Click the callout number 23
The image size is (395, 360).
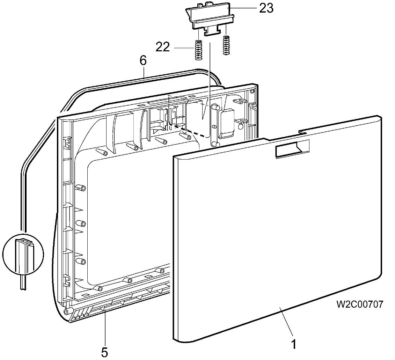click(266, 9)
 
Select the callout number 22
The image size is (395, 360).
click(163, 47)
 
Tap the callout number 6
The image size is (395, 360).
click(143, 61)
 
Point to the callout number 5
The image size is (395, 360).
click(104, 352)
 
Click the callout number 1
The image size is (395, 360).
click(294, 344)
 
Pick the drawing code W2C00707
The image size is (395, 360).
click(360, 304)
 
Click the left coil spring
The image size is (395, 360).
click(199, 50)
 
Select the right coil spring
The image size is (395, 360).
click(226, 45)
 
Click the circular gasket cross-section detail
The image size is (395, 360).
click(23, 255)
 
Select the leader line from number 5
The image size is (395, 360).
click(105, 328)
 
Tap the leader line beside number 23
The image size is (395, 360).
click(243, 9)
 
